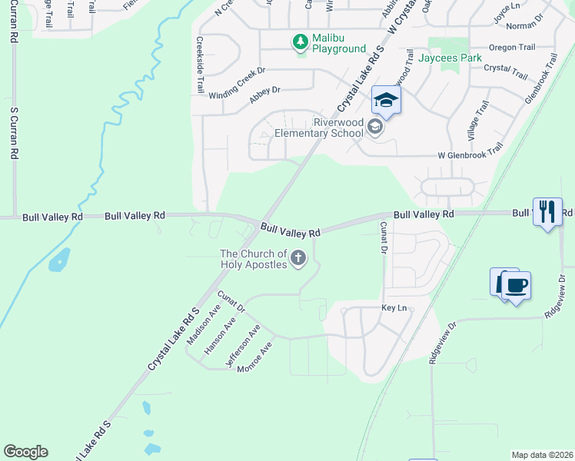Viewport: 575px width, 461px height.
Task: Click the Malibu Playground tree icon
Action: click(x=300, y=42)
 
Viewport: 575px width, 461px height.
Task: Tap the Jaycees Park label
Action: click(x=450, y=58)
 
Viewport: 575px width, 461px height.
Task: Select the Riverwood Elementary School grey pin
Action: click(x=375, y=127)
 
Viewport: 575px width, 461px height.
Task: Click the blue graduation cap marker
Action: click(x=386, y=101)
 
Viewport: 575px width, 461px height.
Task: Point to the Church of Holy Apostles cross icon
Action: click(x=298, y=259)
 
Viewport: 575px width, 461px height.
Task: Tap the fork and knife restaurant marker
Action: click(x=547, y=211)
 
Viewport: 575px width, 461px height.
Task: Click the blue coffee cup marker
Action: click(x=516, y=286)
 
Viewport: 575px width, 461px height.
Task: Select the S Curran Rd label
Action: click(x=14, y=131)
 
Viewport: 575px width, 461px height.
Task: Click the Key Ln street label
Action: click(x=394, y=307)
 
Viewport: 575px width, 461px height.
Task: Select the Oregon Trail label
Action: click(x=512, y=48)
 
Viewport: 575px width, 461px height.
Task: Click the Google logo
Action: click(x=25, y=452)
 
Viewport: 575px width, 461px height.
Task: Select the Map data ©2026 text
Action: click(x=541, y=455)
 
